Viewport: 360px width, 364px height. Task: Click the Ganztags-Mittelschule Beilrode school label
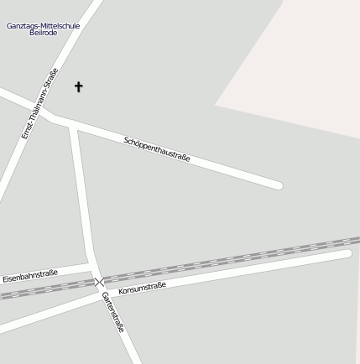[x=43, y=29]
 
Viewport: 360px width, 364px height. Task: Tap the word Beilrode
[x=43, y=34]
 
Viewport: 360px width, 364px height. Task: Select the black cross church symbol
[x=79, y=86]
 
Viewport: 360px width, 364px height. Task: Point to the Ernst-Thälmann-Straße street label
[x=39, y=103]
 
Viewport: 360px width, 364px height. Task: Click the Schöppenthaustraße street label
[x=157, y=148]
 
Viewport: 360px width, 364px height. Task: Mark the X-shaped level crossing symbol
[x=100, y=282]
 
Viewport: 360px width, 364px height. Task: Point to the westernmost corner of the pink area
[x=217, y=106]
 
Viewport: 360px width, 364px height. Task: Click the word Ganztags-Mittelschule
[x=43, y=25]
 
